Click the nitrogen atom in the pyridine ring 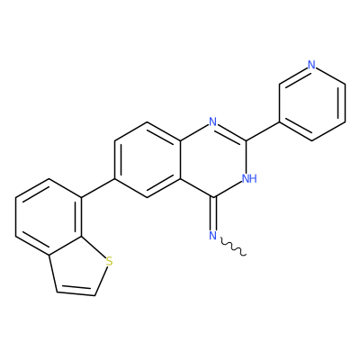[312, 65]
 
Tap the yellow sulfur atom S [110, 261]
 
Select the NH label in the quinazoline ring [249, 179]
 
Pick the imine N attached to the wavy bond [213, 236]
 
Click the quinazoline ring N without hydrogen [213, 122]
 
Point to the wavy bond [233, 247]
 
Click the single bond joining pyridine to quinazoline [263, 131]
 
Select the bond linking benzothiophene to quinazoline [98, 188]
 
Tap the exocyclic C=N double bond [213, 213]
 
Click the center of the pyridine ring [312, 103]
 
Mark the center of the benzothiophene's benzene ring [49, 217]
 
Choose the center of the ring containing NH [213, 160]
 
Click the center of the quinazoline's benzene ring [148, 160]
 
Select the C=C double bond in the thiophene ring [76, 292]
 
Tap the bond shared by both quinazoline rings [181, 160]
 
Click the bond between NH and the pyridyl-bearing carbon [246, 157]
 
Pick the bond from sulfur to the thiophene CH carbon [101, 281]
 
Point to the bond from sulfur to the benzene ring [94, 247]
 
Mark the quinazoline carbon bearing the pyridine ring [246, 140]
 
